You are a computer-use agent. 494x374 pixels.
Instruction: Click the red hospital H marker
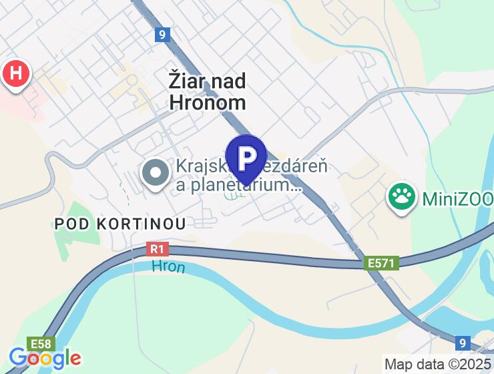pyautogui.click(x=16, y=73)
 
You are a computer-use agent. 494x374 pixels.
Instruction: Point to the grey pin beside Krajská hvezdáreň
pyautogui.click(x=156, y=174)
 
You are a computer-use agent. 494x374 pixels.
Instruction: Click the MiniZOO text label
pyautogui.click(x=457, y=198)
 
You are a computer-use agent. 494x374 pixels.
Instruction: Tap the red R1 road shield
pyautogui.click(x=157, y=250)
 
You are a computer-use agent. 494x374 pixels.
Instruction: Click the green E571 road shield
pyautogui.click(x=382, y=264)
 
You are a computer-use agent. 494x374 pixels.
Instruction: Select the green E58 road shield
pyautogui.click(x=41, y=342)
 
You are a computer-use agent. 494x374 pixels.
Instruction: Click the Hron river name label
pyautogui.click(x=168, y=267)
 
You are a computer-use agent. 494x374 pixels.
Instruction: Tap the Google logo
pyautogui.click(x=45, y=358)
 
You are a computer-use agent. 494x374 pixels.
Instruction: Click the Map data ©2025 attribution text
pyautogui.click(x=437, y=365)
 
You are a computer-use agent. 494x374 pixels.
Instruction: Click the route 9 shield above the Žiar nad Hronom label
pyautogui.click(x=161, y=35)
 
